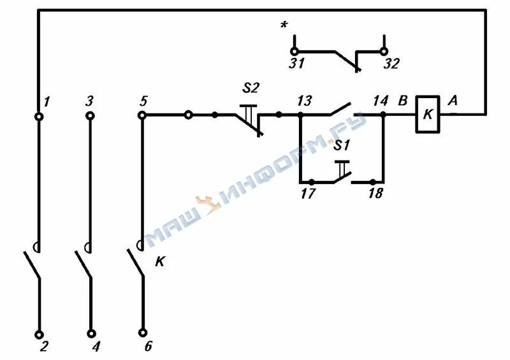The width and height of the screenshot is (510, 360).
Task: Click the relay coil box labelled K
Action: pos(428,115)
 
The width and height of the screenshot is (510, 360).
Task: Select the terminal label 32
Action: pos(391,64)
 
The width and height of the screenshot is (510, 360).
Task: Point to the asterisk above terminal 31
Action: pos(283,26)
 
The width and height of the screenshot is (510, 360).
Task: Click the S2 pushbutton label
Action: pos(250,87)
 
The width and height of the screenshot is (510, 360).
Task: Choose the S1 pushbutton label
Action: pos(343,145)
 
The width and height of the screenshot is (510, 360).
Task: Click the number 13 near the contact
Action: pos(304,101)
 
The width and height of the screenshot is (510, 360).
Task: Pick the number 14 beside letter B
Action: pos(380,101)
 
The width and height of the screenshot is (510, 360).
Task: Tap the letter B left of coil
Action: pos(402,100)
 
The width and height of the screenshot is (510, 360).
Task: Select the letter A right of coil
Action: pos(453,100)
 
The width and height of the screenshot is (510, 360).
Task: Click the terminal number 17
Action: pos(307,194)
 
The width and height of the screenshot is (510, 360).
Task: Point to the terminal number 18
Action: pos(376,194)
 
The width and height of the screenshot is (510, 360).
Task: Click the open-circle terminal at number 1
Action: pos(39,116)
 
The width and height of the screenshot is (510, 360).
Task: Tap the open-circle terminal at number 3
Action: pos(90,115)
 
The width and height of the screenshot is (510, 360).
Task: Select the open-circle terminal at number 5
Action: pos(142,115)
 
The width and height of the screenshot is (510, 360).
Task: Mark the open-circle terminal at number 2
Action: pos(39,333)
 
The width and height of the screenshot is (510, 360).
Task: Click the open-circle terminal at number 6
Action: pos(142,333)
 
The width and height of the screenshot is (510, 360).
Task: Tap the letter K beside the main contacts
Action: pos(159,261)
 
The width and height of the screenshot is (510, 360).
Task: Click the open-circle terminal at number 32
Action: pos(384,51)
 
